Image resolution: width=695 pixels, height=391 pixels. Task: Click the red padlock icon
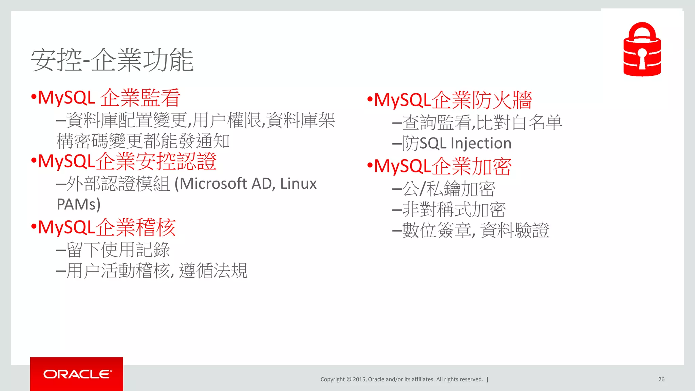click(642, 50)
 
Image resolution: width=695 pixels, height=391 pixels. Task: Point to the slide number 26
click(661, 379)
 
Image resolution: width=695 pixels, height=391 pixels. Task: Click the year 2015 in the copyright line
click(359, 379)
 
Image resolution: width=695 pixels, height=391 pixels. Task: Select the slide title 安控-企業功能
click(112, 60)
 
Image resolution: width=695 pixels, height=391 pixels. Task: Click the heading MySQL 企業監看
click(109, 98)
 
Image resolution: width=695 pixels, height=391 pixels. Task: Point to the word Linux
click(298, 184)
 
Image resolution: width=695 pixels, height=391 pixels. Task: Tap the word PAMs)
click(78, 204)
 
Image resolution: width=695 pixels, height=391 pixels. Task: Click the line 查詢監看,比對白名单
click(482, 123)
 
